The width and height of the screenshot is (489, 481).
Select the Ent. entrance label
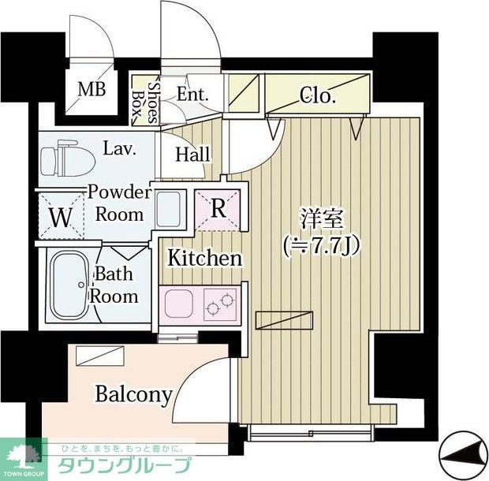pyautogui.click(x=192, y=94)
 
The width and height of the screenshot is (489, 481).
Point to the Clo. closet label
pyautogui.click(x=319, y=97)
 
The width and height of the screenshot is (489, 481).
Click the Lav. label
pyautogui.click(x=118, y=147)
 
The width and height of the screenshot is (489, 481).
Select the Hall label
pyautogui.click(x=192, y=155)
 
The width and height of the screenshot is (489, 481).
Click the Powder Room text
pyautogui.click(x=119, y=203)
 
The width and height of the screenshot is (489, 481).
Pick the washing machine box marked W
pyautogui.click(x=60, y=214)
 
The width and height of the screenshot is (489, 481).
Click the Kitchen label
pyautogui.click(x=203, y=258)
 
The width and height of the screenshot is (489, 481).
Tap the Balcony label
pyautogui.click(x=133, y=393)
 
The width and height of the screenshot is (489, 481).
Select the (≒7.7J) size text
pyautogui.click(x=321, y=244)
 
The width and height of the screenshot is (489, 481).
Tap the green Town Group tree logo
pyautogui.click(x=24, y=454)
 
